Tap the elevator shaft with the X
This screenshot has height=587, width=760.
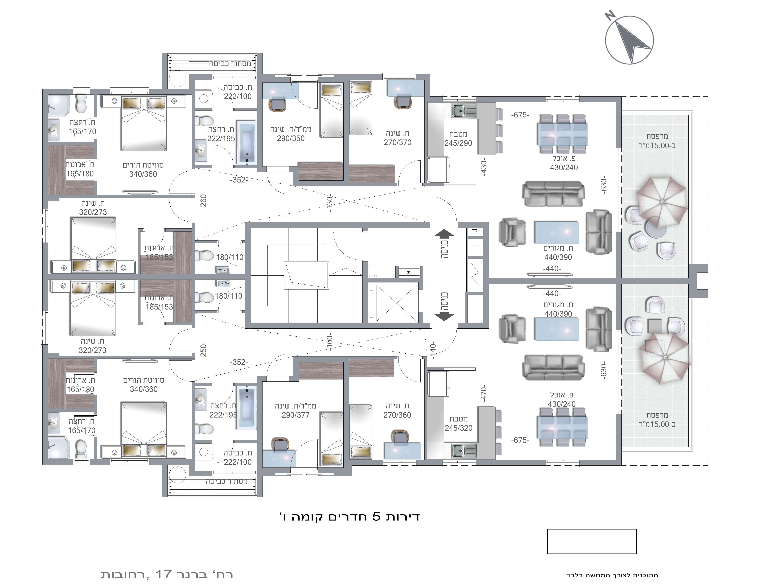pos(397,303)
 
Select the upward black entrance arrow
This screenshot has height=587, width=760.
pos(444,233)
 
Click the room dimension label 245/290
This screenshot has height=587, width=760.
pos(458,143)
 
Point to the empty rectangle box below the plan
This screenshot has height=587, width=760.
pos(592,541)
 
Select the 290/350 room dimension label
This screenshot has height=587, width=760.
pos(291,138)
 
